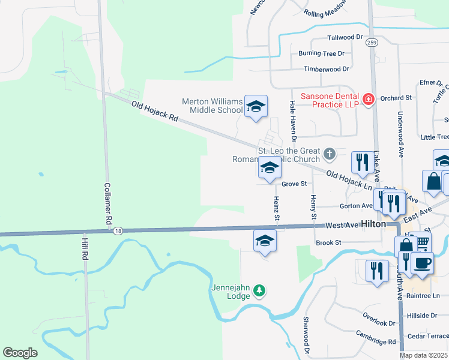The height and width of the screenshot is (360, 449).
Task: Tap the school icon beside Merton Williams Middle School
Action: coord(256,107)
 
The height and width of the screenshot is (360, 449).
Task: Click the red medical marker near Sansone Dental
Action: coord(368,99)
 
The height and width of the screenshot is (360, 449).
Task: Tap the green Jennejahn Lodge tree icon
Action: coord(259,291)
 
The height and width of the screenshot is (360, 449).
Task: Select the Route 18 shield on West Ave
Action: coord(118,230)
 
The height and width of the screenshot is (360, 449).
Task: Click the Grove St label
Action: coord(294,184)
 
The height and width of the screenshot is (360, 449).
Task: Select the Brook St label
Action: coord(328,242)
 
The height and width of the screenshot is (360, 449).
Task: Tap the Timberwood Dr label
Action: coord(326,69)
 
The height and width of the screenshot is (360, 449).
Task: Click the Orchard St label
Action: coord(396,97)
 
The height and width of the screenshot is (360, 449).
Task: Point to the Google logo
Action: coord(20,353)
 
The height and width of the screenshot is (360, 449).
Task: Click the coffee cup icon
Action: coord(422,263)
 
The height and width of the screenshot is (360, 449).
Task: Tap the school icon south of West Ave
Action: coord(264,241)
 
